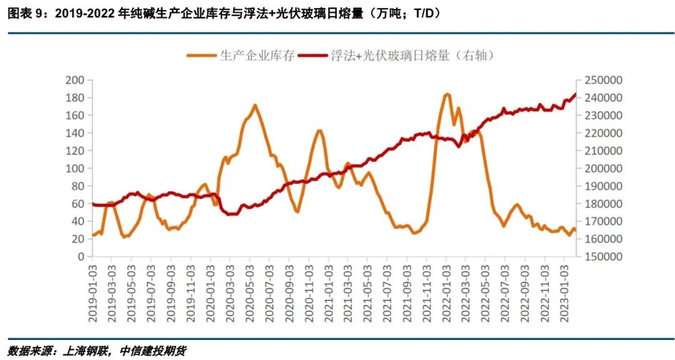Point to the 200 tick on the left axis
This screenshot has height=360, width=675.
tap(74, 80)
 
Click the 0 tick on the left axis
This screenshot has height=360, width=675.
tap(79, 257)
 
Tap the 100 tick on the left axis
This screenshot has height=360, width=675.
tap(74, 169)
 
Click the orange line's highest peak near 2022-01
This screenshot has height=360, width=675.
tap(446, 94)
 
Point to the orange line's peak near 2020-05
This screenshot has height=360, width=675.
tap(255, 105)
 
